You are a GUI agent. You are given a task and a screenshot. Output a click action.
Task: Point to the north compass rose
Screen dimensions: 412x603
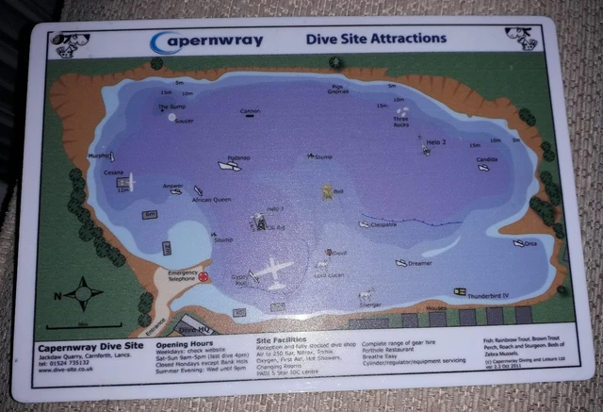pyautogui.click(x=83, y=293)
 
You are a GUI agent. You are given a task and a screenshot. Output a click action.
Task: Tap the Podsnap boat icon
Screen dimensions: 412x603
pyautogui.click(x=229, y=166)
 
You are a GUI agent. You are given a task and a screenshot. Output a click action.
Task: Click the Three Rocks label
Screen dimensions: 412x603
pyautogui.click(x=402, y=124)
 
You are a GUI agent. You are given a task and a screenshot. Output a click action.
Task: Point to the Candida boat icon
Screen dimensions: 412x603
pyautogui.click(x=483, y=168)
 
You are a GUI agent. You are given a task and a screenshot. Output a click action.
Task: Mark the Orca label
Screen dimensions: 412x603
pyautogui.click(x=530, y=244)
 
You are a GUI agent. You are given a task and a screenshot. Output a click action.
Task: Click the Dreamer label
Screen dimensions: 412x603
pyautogui.click(x=419, y=263)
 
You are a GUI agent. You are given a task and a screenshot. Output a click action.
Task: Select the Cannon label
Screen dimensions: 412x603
pyautogui.click(x=249, y=112)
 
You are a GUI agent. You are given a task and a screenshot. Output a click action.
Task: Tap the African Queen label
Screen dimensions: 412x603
pyautogui.click(x=211, y=200)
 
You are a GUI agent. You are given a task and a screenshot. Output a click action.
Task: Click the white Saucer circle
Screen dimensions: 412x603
pyautogui.click(x=171, y=118)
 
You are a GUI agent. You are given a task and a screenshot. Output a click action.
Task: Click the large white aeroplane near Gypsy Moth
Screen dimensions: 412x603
pyautogui.click(x=274, y=272)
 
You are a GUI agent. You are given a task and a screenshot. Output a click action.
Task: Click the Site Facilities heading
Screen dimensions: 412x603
pyautogui.click(x=285, y=337)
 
